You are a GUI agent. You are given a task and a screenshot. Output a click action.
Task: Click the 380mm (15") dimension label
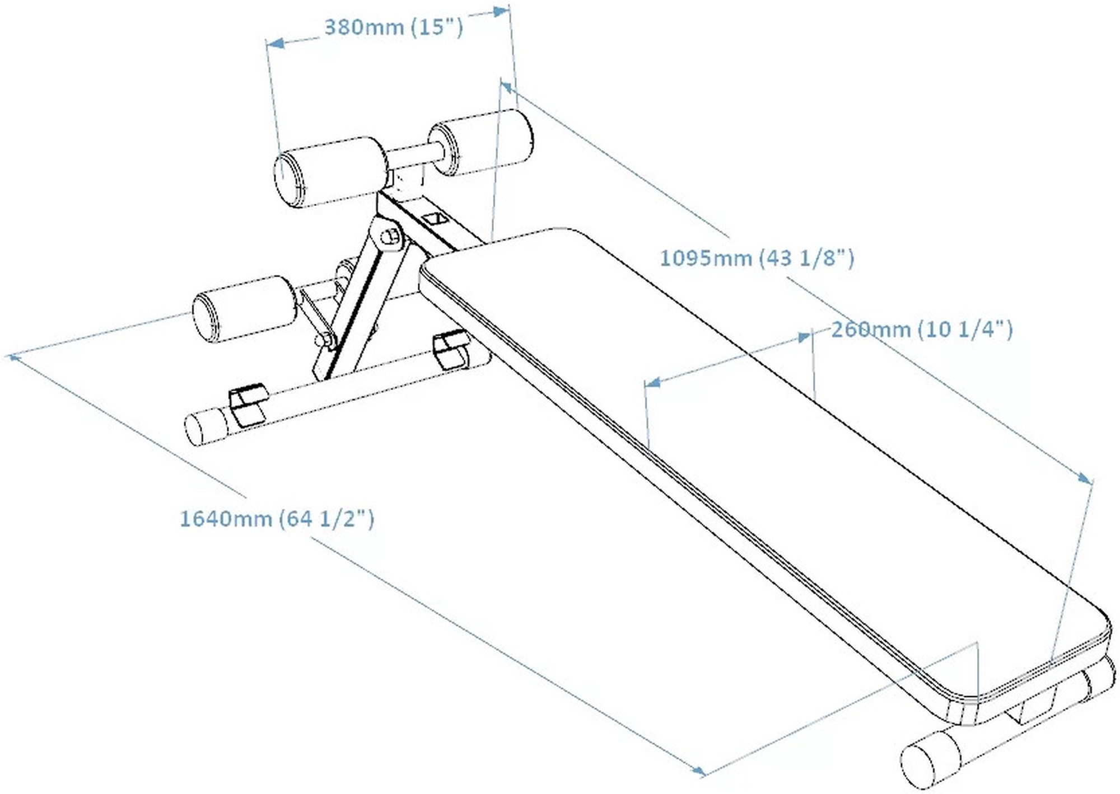[x=394, y=27]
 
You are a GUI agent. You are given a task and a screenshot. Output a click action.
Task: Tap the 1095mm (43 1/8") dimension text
[x=757, y=258]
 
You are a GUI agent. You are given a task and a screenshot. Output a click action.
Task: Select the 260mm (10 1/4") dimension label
[x=922, y=329]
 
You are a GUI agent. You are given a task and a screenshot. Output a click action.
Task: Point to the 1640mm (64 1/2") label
[x=277, y=518]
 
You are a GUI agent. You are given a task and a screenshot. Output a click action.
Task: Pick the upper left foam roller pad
[x=330, y=172]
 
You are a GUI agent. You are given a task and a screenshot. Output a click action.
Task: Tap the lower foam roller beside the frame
[x=244, y=308]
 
